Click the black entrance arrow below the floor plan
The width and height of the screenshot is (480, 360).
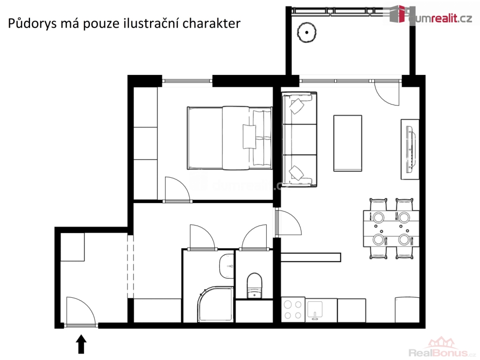point(81,344)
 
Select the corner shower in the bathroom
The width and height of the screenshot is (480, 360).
point(216,304)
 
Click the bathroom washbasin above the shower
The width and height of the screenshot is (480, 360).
point(226,266)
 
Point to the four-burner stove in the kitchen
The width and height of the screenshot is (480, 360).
point(293,309)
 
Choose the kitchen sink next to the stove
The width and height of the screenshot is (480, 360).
point(315,310)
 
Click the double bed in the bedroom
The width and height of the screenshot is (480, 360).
point(230,138)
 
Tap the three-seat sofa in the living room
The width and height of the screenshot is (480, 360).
point(300,139)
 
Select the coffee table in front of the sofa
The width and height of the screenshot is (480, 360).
point(347,143)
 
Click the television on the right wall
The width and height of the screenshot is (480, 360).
point(411,149)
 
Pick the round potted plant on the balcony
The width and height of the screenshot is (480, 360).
point(307,32)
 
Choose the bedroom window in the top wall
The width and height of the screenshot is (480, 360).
point(187,81)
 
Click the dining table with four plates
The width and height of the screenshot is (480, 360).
point(391,228)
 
